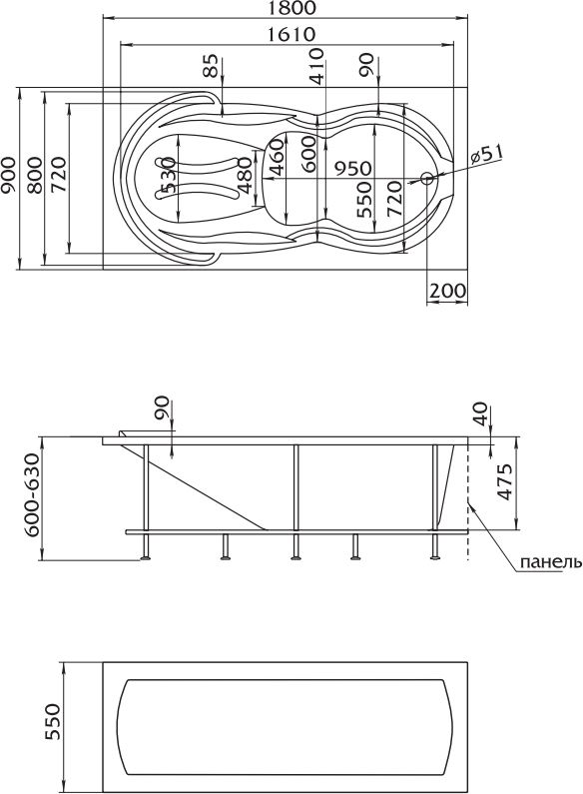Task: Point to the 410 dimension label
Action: tap(316, 66)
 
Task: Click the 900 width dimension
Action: tap(8, 175)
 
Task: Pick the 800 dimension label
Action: tap(34, 175)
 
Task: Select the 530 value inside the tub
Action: tap(168, 175)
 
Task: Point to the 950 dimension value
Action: tap(352, 169)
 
